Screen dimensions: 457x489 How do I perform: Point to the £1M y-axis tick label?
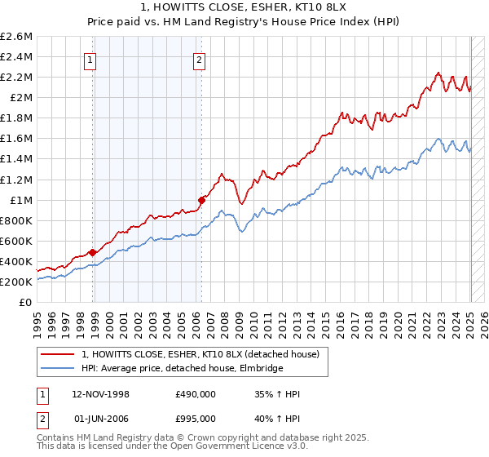click(x=20, y=200)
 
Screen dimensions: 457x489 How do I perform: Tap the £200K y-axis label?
click(x=16, y=282)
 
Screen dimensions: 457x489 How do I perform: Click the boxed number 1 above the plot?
click(x=89, y=59)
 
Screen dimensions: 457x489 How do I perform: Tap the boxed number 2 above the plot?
click(x=199, y=59)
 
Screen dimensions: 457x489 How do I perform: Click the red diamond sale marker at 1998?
click(x=92, y=252)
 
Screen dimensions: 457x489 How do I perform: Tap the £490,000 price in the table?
click(x=195, y=395)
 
